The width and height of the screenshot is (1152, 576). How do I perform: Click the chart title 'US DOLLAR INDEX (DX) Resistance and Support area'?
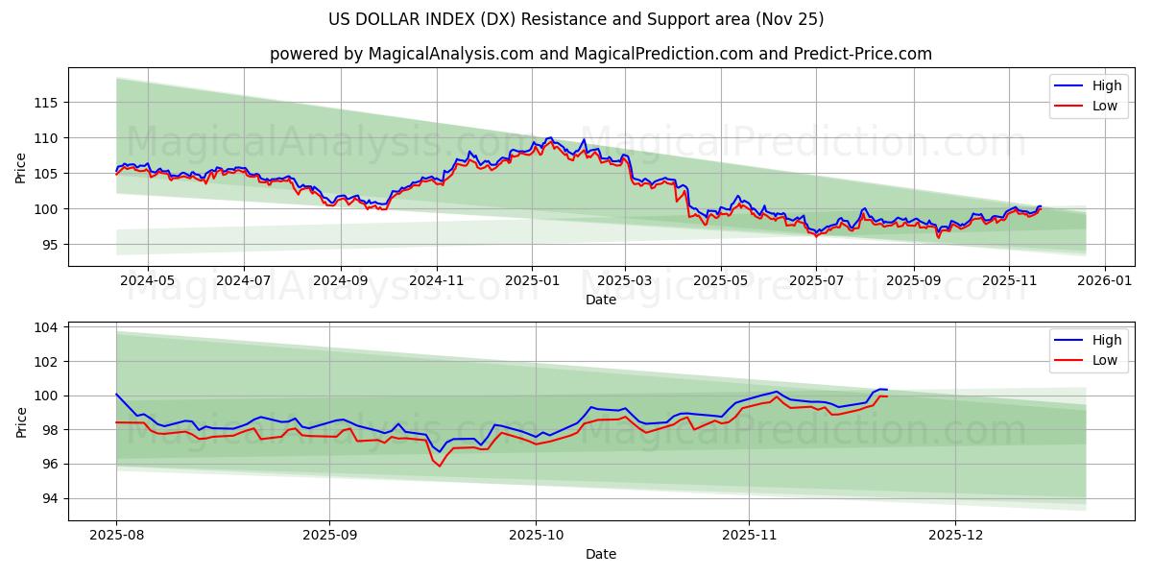click(576, 19)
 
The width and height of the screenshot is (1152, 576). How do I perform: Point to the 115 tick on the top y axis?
click(47, 103)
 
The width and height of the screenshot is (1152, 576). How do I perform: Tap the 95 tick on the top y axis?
click(50, 245)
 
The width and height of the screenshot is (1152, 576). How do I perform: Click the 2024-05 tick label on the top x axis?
click(148, 280)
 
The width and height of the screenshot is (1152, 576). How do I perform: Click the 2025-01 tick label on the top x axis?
click(531, 280)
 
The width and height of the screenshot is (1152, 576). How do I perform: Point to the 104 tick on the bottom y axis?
click(47, 327)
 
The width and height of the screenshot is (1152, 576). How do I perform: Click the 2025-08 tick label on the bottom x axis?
click(116, 534)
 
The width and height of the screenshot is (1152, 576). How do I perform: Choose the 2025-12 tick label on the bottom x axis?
click(956, 534)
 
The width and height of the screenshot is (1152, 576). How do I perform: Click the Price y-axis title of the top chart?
click(21, 167)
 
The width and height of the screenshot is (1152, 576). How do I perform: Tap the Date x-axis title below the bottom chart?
click(601, 554)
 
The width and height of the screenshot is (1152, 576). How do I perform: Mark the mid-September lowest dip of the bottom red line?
click(440, 466)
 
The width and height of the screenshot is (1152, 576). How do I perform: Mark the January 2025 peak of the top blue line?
click(549, 137)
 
